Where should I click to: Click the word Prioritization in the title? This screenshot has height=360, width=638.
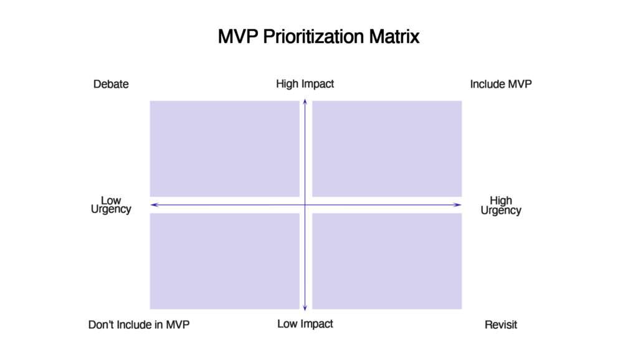point(313,37)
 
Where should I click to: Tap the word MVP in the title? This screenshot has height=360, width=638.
point(238,36)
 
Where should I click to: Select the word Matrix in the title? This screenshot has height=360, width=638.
point(394,36)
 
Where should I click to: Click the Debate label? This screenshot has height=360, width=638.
point(111,84)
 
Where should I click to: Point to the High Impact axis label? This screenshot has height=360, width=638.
point(305,84)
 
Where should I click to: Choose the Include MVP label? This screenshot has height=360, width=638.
point(501,84)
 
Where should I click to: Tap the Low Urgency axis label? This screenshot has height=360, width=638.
point(111,205)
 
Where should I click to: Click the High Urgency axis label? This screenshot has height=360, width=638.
point(501,206)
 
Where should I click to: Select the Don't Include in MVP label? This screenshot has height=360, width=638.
point(139,324)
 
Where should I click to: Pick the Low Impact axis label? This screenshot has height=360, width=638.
point(305,324)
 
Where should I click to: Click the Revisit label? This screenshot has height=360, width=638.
point(501,324)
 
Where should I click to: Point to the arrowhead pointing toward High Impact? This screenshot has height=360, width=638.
point(305,101)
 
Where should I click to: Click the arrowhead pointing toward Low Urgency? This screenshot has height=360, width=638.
point(153,205)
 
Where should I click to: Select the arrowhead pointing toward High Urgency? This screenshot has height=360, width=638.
point(459,205)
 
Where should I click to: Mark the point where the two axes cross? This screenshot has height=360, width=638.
point(305,205)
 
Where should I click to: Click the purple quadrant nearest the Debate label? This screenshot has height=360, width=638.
point(224,149)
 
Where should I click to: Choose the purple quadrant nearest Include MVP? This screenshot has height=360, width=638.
point(387,149)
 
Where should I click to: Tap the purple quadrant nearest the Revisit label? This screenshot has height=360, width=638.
point(387,261)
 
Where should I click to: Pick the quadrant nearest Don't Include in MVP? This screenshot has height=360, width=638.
point(224,261)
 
